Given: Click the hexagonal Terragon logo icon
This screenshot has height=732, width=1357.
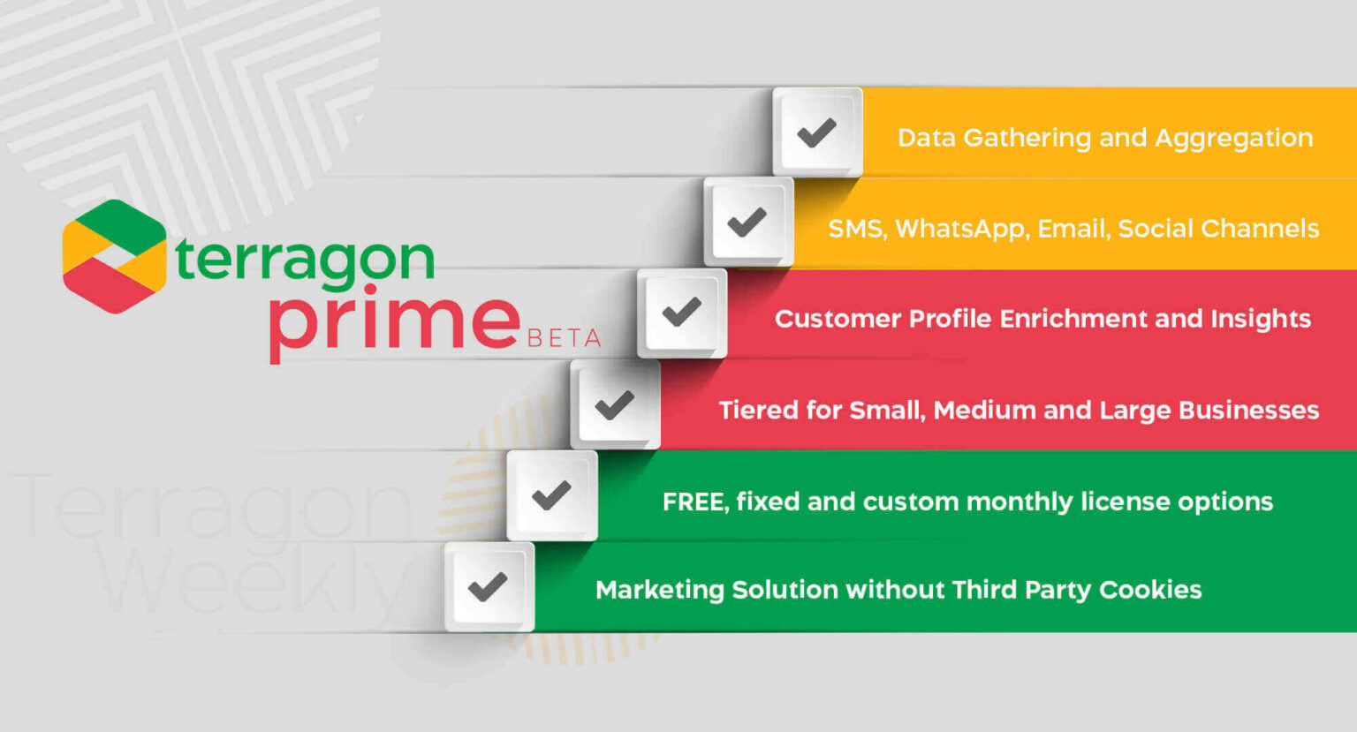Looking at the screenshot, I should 114,256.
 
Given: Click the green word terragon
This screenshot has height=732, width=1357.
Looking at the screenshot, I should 305,259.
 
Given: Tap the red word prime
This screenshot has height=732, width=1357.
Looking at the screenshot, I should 394,321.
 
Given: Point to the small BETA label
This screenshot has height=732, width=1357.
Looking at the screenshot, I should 564,338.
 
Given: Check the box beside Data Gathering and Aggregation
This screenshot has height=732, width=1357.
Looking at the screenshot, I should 817,132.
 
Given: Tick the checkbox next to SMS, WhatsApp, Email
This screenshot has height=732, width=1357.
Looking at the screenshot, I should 748,222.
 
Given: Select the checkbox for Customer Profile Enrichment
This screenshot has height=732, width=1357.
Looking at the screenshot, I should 682,313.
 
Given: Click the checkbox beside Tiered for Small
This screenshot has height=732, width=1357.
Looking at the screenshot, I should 615,404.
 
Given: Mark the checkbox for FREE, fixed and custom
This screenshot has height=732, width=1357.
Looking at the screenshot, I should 552,495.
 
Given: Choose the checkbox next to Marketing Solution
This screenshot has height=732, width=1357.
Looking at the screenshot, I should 489,586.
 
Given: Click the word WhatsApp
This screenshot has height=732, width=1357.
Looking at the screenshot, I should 961,230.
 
